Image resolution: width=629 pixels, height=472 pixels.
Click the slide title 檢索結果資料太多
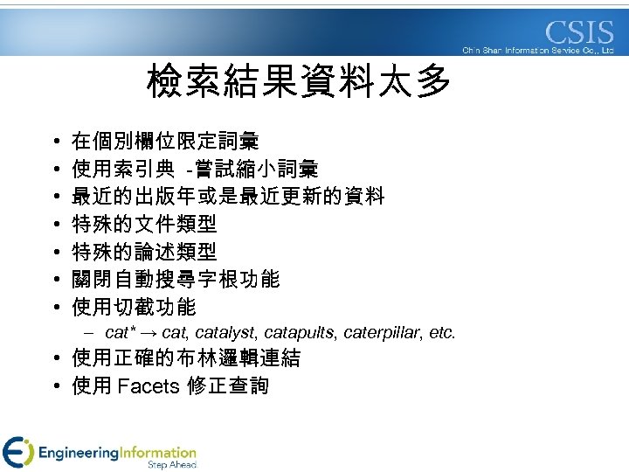click(x=300, y=84)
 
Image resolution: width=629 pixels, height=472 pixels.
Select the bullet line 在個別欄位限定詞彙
click(x=164, y=141)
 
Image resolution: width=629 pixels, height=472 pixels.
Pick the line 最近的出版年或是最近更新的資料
click(x=227, y=196)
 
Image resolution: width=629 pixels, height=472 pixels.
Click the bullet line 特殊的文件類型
click(x=144, y=224)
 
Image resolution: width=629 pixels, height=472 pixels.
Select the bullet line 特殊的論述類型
click(x=144, y=252)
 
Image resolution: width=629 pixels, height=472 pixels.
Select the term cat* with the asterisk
click(x=120, y=333)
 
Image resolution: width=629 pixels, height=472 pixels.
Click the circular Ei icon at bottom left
click(x=17, y=452)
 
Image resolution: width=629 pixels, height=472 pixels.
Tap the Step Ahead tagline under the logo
click(x=173, y=465)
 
